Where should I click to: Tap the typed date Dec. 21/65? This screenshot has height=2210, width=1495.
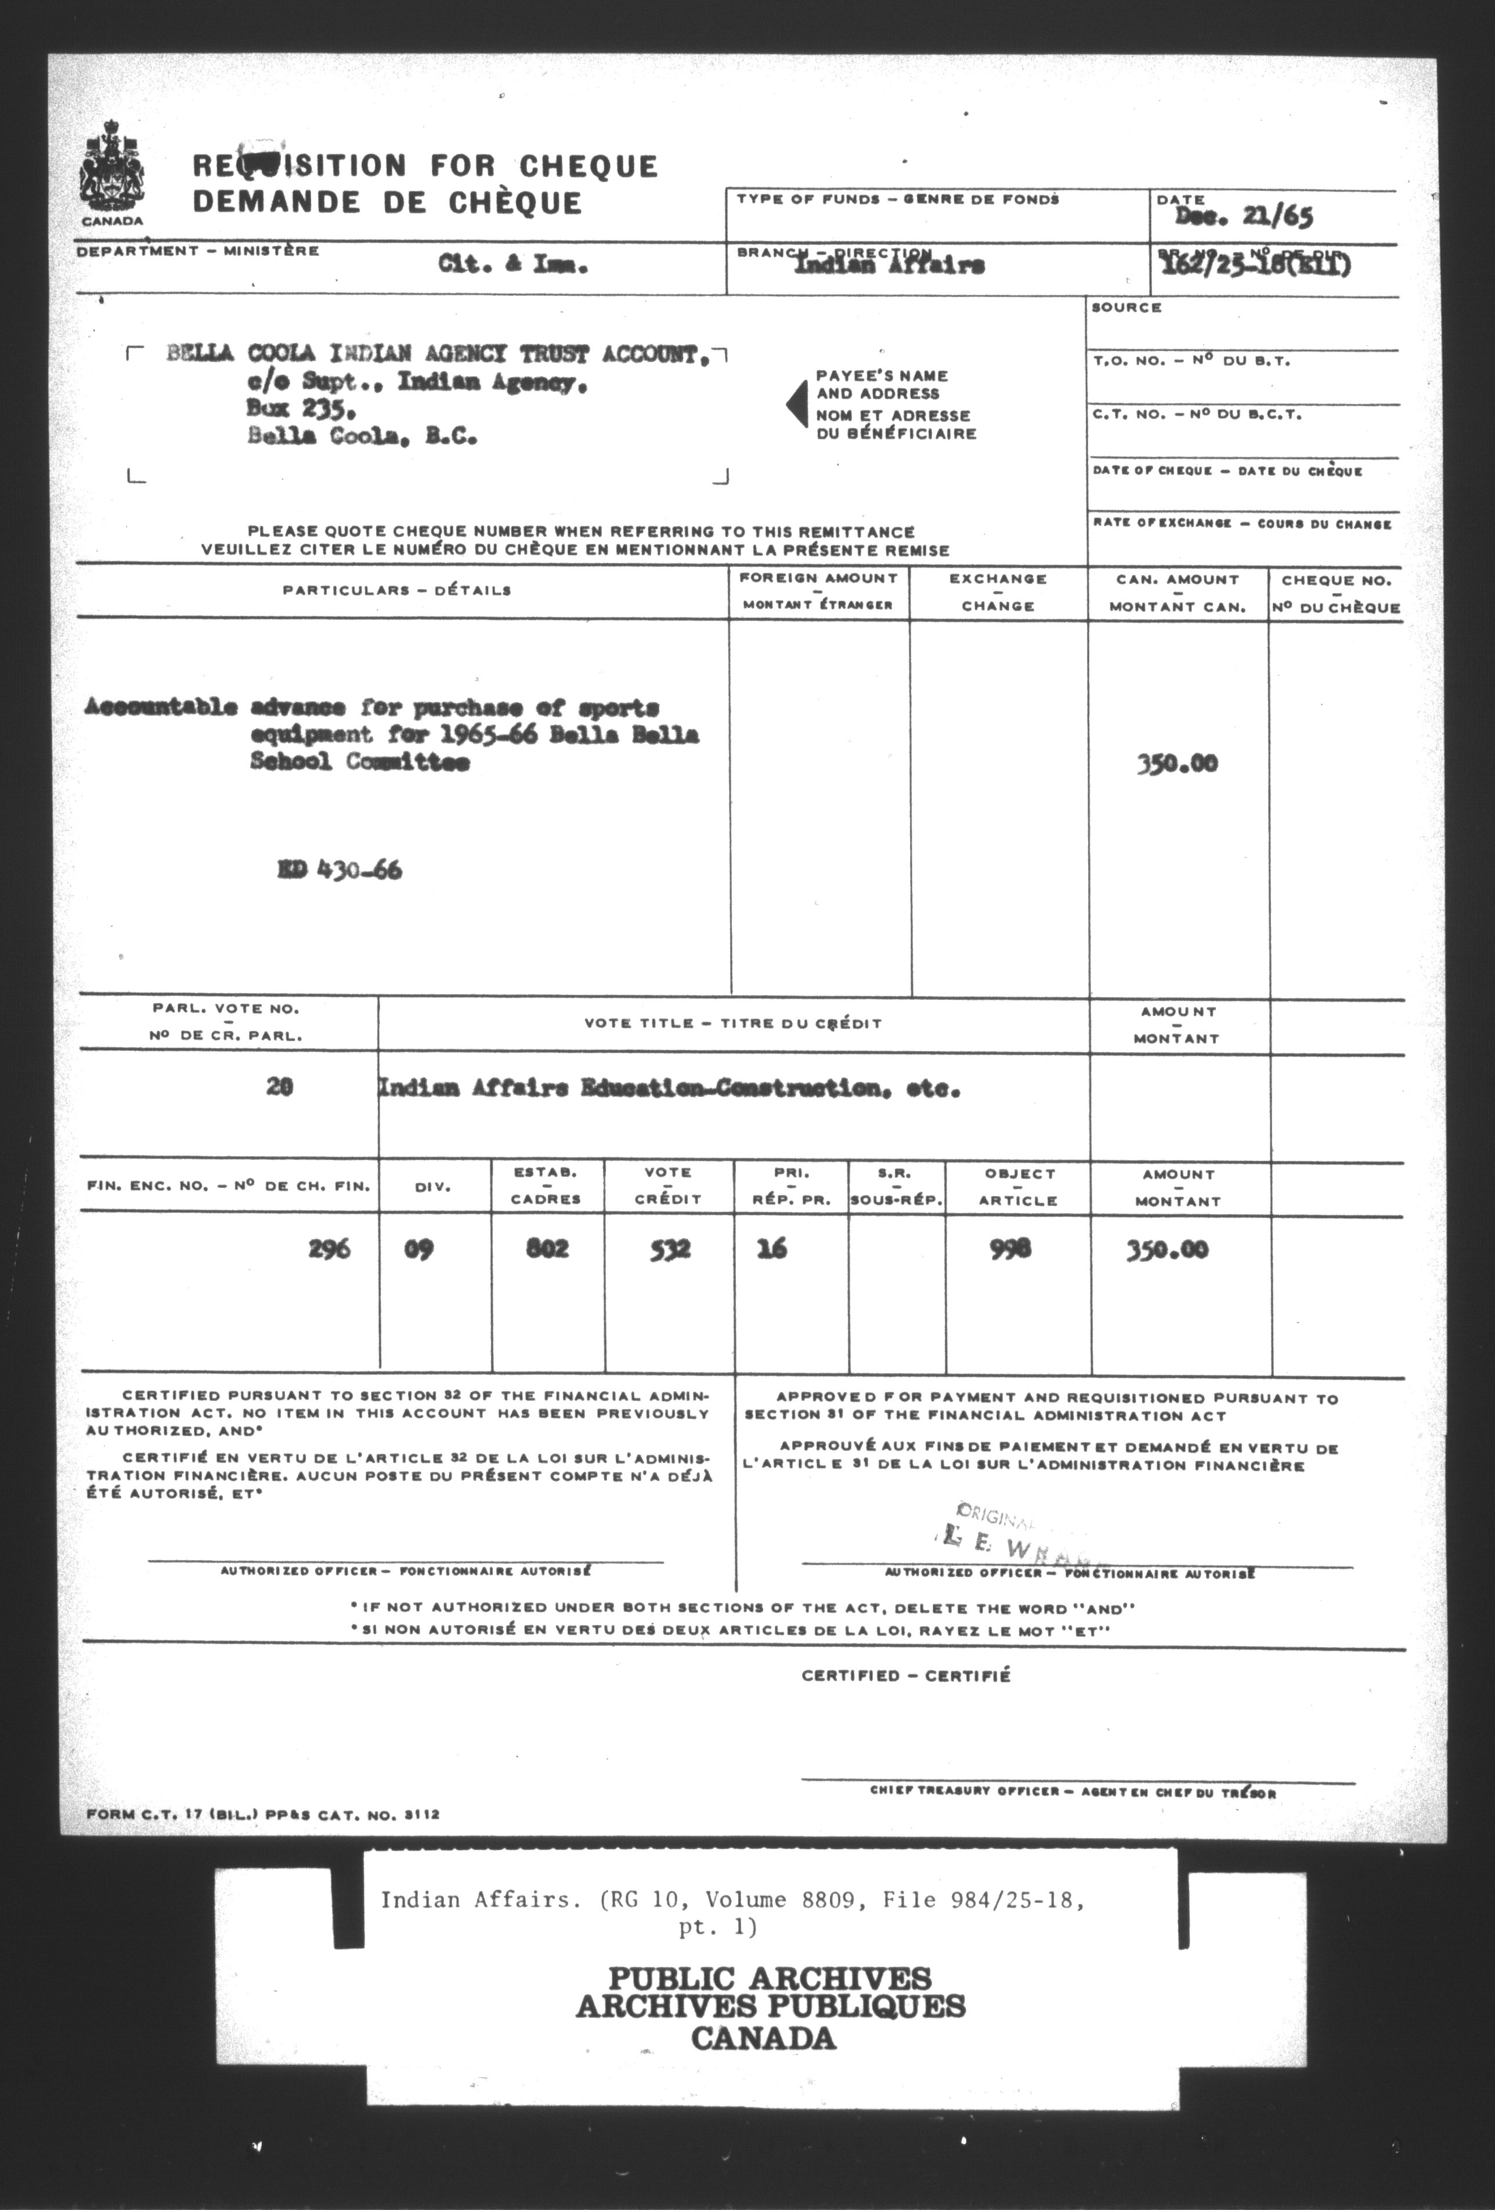pos(1244,218)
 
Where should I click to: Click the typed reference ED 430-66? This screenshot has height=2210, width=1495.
pos(338,870)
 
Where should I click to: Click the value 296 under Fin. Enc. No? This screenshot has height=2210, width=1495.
pos(329,1248)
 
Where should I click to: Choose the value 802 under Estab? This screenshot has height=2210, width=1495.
pos(548,1248)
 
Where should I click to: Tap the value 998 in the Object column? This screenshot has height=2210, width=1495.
pos(1010,1248)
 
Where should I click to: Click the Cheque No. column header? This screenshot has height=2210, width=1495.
pos(1335,593)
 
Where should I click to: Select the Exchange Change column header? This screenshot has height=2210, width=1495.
pos(998,591)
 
